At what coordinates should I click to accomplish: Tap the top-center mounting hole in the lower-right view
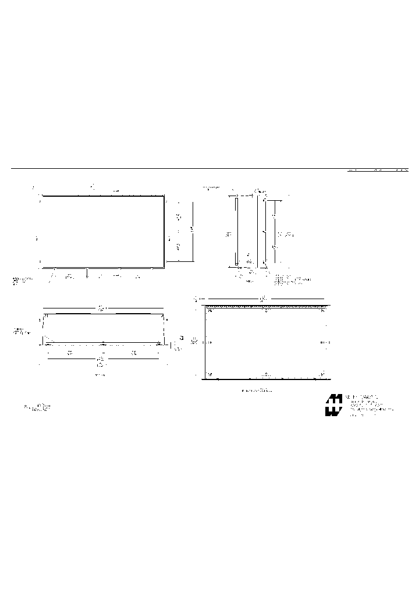coord(267,310)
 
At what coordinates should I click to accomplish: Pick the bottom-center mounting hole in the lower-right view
coord(267,374)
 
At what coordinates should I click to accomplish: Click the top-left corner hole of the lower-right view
coord(210,310)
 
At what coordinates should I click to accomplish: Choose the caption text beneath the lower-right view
coord(257,391)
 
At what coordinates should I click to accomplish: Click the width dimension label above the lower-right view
coord(263,299)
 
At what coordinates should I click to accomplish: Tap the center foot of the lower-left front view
coord(103,343)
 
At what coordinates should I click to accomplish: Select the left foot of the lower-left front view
coord(48,343)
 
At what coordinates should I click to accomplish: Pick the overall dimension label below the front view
coord(100,362)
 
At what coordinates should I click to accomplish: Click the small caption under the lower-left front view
coord(100,376)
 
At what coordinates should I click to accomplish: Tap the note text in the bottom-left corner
coord(38,407)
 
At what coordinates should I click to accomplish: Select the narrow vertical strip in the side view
coord(237,232)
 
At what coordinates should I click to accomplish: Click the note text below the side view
coord(291,281)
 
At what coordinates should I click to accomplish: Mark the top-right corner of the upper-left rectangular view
coord(164,197)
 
